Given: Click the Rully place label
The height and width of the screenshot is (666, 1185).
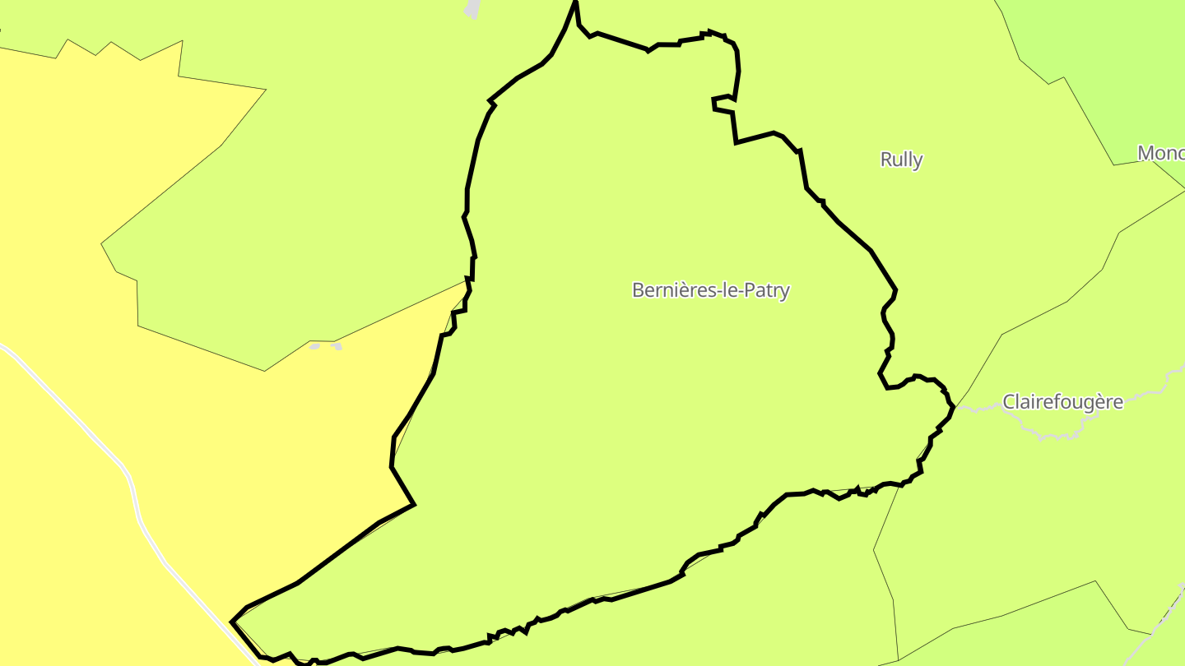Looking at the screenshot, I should coord(901,160).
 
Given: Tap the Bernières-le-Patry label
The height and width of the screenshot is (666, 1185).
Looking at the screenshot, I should coord(710,290).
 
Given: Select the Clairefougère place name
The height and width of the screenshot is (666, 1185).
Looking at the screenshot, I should coord(1062,402).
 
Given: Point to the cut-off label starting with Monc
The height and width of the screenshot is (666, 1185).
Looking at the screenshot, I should coord(1160,153).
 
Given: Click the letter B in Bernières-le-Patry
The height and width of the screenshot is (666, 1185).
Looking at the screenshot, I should coord(638,290).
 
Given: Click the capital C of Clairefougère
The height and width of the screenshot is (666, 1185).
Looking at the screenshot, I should coord(1008,402).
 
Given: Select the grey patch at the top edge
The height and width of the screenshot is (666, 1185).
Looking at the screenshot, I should coord(472,8).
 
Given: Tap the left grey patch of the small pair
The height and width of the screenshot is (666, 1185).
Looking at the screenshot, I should coord(314,347).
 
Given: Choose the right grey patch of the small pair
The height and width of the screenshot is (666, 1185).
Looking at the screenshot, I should coord(336,347).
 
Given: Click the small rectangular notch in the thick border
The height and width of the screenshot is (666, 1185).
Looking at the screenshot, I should coord(723,104).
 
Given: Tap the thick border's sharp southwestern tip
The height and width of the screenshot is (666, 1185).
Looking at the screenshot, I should coord(233,622).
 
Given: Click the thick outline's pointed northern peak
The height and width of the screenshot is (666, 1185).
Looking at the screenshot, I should coord(575,3).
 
